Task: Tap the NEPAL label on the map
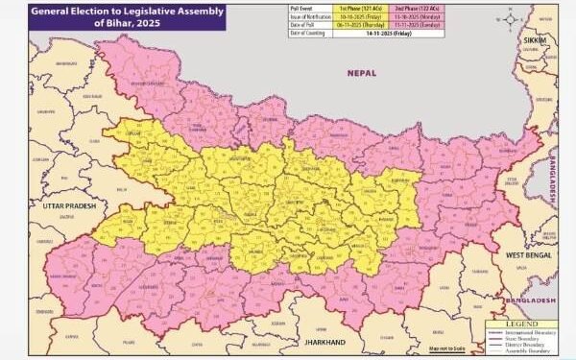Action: pos(362,72)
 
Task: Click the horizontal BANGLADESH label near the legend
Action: pos(534,301)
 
